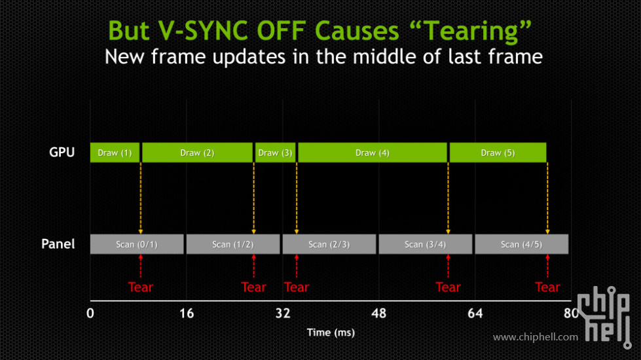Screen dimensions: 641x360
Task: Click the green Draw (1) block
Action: tap(115, 153)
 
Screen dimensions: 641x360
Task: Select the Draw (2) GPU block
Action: tap(198, 153)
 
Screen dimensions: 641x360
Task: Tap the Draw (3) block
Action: tap(275, 153)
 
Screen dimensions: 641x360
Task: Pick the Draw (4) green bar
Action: tap(373, 153)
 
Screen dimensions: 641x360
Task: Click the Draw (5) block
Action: tap(498, 153)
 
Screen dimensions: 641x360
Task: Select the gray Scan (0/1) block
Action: tap(137, 244)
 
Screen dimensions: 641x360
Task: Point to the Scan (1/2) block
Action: tap(233, 244)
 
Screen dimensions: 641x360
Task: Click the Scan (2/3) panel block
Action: tap(329, 244)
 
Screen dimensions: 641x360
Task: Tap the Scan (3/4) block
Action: tap(425, 244)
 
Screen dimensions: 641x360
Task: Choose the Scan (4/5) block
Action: tap(522, 244)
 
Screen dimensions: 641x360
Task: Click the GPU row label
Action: tap(62, 153)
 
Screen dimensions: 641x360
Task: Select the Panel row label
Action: tap(58, 244)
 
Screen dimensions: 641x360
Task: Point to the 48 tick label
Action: tap(379, 314)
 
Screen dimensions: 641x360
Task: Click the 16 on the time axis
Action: tap(187, 314)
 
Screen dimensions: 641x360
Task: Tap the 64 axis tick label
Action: tap(475, 314)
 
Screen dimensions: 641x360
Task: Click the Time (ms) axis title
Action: tap(331, 333)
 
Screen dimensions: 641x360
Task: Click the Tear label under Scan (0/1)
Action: tap(141, 287)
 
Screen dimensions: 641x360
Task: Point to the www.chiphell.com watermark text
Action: tap(536, 337)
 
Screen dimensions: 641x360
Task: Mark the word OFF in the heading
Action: tap(282, 31)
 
